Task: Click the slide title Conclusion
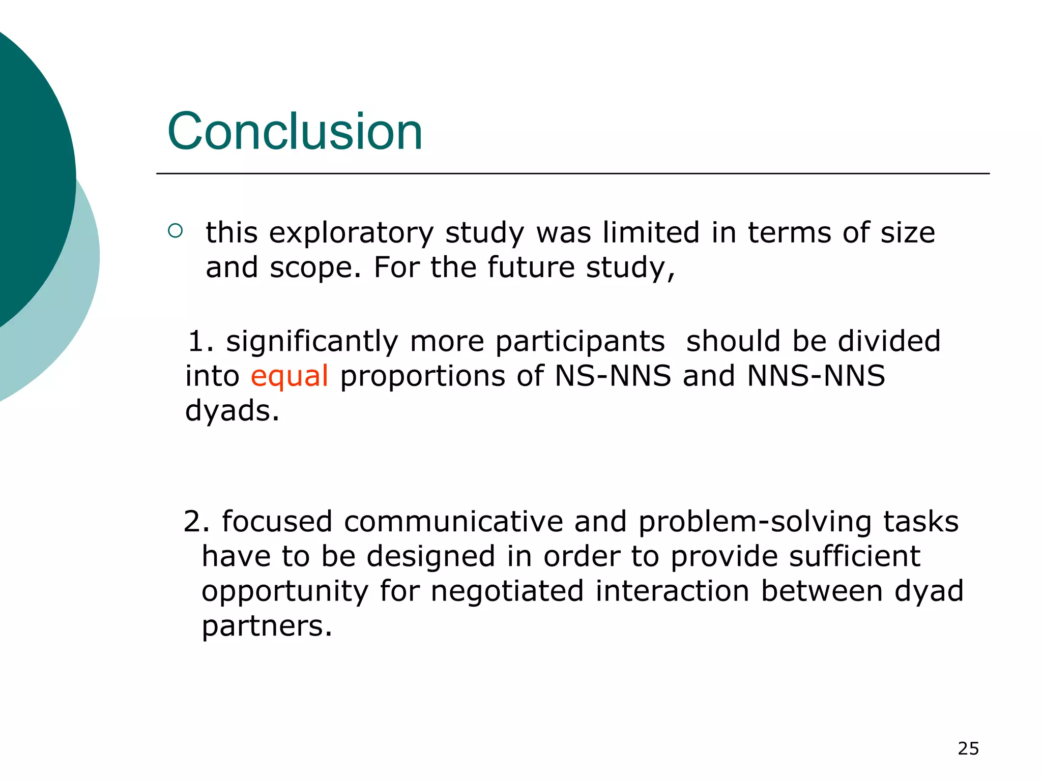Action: (295, 132)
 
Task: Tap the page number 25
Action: (968, 748)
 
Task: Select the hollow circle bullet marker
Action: (175, 231)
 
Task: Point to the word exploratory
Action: (351, 233)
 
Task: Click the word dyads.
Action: (232, 411)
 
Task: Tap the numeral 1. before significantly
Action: (200, 341)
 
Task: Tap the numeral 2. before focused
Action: (196, 522)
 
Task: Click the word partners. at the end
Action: (267, 626)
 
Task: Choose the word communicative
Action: (453, 522)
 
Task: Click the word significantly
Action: (312, 342)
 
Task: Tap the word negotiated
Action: (507, 591)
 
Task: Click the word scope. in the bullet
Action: (315, 268)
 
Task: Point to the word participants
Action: (580, 342)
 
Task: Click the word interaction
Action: (672, 591)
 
